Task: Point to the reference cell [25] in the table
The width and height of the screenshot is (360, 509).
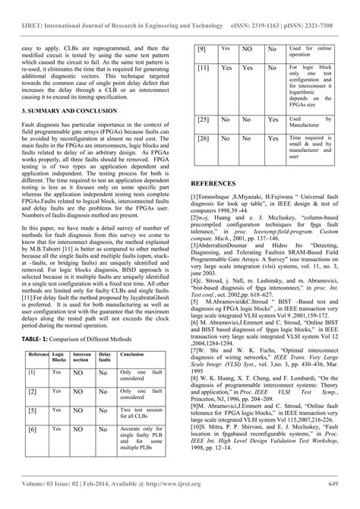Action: tap(204, 119)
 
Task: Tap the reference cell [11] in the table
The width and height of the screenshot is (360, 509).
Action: tap(204, 68)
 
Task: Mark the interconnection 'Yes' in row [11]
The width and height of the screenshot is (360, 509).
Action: tap(248, 68)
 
